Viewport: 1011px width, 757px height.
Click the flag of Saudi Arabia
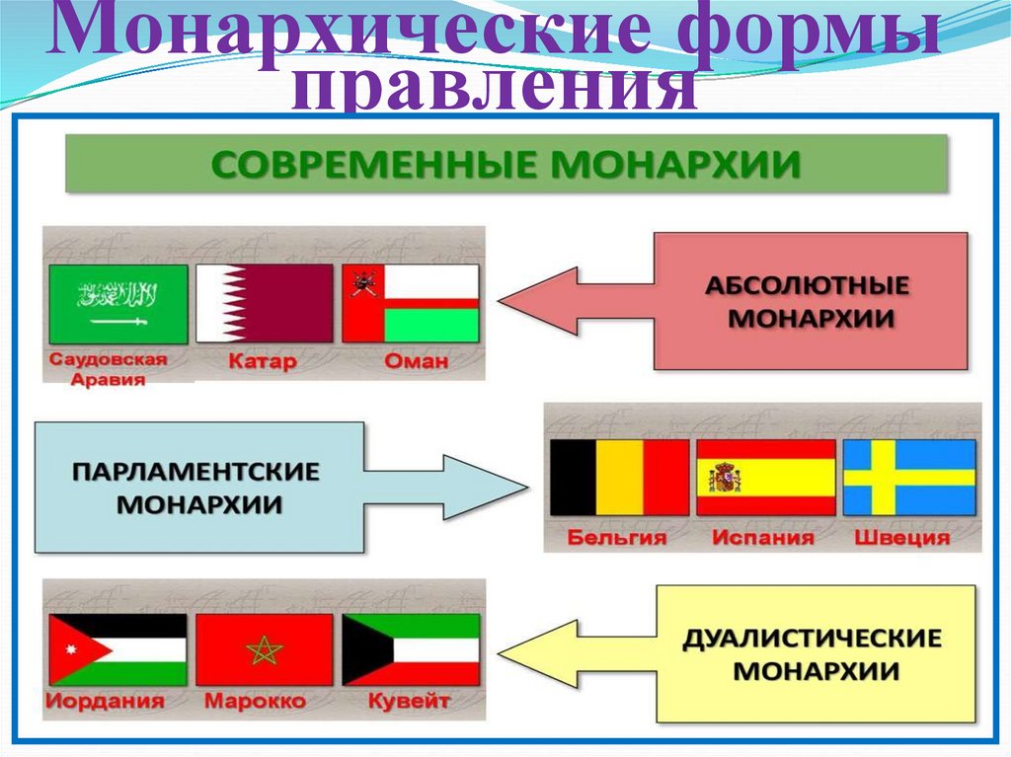click(x=117, y=304)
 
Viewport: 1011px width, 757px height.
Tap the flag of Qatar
click(x=265, y=304)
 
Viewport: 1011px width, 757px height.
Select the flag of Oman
click(x=411, y=304)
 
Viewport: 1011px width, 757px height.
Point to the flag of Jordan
click(x=117, y=650)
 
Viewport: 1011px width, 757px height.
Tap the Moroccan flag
click(x=265, y=650)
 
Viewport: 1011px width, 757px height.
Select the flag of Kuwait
click(x=411, y=650)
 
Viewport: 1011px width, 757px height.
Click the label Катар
click(x=263, y=362)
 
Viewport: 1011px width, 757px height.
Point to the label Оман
click(x=415, y=362)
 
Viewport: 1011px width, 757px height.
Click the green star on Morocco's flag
click(x=265, y=650)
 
